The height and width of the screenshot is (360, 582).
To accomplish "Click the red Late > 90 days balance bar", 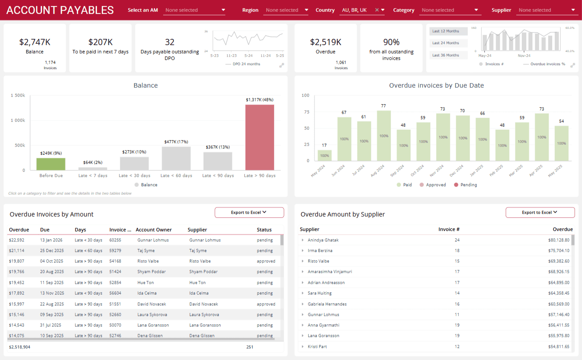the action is (260, 137).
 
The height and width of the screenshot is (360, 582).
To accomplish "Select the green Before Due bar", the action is (51, 164).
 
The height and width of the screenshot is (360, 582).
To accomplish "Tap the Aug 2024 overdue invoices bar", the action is (384, 135).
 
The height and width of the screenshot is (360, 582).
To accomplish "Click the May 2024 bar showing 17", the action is (325, 155).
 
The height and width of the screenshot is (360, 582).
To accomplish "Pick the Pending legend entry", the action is (465, 185).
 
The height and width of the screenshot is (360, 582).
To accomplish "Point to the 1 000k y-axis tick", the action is (18, 120).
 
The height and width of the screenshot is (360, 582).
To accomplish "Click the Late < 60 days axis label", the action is (176, 175).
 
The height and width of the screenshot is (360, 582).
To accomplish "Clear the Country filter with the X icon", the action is (377, 10).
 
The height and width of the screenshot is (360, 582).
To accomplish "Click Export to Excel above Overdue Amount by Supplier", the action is (540, 213).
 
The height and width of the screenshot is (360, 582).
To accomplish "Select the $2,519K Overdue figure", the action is (325, 42).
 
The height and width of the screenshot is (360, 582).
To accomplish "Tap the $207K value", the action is (100, 42).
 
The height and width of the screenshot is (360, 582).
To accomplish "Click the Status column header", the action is (264, 230).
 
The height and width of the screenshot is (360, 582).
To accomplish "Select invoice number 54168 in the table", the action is (115, 261).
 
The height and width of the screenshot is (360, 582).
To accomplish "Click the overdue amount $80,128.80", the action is (559, 240).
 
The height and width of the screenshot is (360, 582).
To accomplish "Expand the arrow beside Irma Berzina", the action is (303, 251).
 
